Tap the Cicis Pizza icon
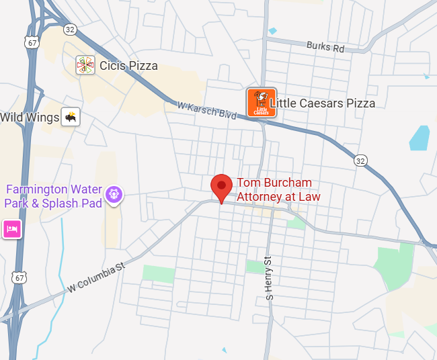tap(85, 65)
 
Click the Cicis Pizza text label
tap(128, 66)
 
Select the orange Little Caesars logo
tap(262, 103)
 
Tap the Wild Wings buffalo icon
tap(71, 118)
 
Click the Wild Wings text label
tap(30, 118)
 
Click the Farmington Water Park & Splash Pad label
tap(53, 197)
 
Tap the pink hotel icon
tap(11, 229)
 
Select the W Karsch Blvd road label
tap(207, 111)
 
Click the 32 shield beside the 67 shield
tap(70, 30)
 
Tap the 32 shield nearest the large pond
tap(360, 161)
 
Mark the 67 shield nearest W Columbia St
tap(19, 277)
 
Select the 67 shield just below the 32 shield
tap(32, 42)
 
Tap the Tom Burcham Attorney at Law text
tap(278, 189)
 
